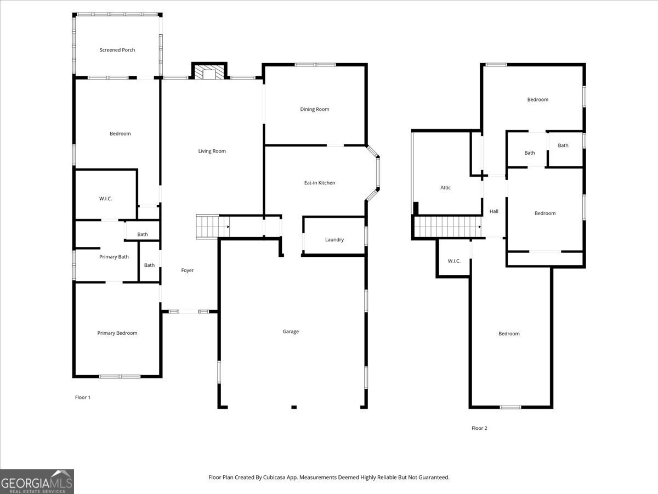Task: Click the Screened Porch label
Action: tap(117, 50)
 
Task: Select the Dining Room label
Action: tap(315, 109)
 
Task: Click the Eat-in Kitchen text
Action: tap(320, 183)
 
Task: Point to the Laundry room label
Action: tap(334, 239)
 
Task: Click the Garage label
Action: tap(291, 332)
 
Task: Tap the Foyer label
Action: tap(188, 270)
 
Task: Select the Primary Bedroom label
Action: tap(117, 333)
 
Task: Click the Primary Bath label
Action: tap(114, 257)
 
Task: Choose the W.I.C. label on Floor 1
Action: tap(105, 199)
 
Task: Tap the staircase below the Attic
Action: tap(446, 227)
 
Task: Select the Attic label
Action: tap(446, 188)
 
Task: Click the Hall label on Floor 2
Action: tap(494, 211)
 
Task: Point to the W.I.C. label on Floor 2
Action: tap(454, 261)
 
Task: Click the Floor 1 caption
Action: tap(83, 397)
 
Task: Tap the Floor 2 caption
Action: tap(479, 428)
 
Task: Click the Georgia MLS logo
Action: tap(37, 481)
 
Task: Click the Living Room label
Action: tap(212, 151)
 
